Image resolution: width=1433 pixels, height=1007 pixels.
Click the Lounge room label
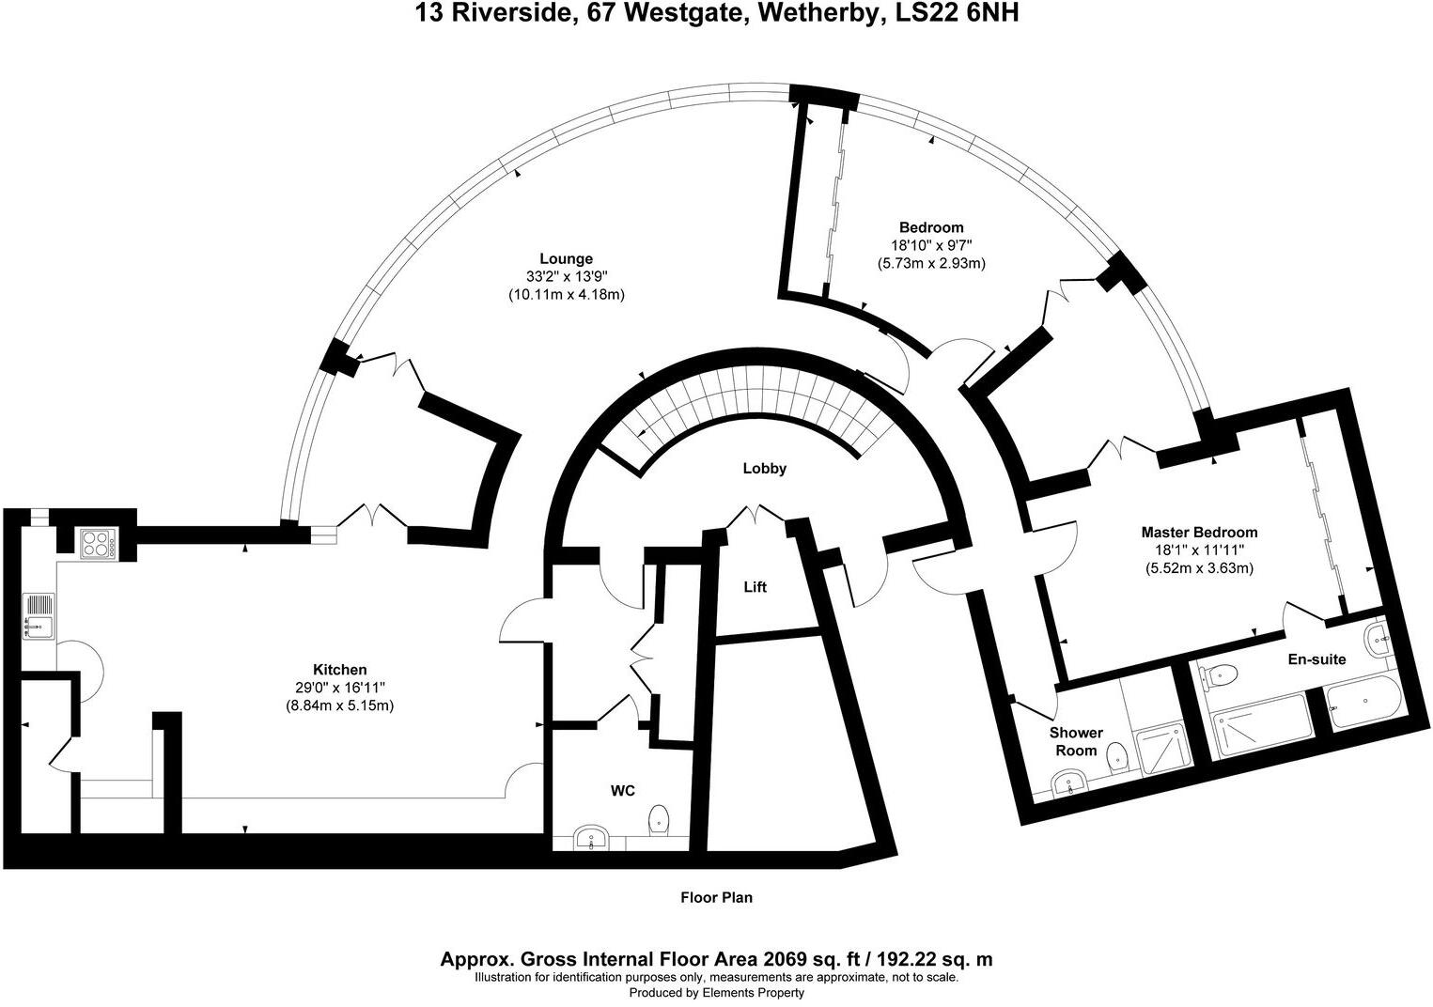(566, 258)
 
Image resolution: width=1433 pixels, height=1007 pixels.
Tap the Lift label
(755, 587)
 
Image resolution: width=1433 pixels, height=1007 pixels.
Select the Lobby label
(764, 468)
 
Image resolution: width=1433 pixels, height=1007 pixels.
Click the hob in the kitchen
(98, 543)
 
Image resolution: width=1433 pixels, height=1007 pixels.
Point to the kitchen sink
(38, 614)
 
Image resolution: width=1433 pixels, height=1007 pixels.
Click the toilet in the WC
(658, 819)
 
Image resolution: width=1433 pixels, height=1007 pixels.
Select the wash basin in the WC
(592, 836)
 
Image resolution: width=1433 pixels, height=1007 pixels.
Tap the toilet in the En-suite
(1223, 674)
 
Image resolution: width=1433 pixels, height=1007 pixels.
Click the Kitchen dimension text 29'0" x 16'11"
(339, 688)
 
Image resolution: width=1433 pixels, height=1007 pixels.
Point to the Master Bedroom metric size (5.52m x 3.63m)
(1199, 568)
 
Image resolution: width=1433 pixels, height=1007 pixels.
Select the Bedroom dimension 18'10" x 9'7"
(931, 245)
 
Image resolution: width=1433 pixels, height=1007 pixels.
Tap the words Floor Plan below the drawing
(716, 897)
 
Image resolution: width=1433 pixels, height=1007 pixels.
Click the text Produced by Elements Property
(716, 993)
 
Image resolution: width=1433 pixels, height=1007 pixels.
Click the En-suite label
(1316, 659)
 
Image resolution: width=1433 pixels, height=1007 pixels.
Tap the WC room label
(623, 791)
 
